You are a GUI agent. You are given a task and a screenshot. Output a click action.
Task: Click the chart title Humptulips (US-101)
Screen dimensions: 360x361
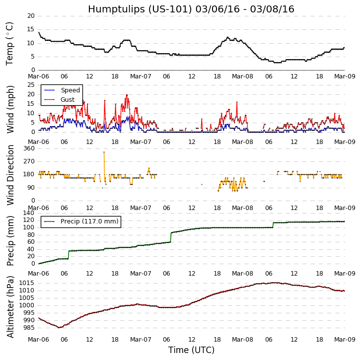point(191,9)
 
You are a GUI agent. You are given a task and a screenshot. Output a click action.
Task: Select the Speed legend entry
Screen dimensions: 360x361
point(70,90)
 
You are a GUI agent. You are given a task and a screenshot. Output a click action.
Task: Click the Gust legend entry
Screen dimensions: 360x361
point(68,100)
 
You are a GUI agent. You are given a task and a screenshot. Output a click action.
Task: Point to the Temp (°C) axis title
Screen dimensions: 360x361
point(10,43)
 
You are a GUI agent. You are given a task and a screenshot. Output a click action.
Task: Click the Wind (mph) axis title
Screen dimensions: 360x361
point(11,109)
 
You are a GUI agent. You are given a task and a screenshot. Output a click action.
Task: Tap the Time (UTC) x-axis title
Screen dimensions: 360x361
point(191,350)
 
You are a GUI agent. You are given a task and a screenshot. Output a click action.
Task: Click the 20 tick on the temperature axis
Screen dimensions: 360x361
point(31,16)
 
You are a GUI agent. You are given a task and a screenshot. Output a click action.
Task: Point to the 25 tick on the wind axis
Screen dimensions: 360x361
point(31,85)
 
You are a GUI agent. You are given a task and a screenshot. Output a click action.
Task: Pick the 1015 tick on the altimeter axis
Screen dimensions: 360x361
point(27,283)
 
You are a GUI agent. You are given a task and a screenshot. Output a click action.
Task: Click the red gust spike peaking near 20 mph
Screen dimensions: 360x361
point(127,95)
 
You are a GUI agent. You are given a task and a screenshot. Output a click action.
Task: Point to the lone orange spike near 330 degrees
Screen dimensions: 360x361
point(104,152)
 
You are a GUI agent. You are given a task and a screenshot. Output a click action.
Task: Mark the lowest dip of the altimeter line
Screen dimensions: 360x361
point(59,327)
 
